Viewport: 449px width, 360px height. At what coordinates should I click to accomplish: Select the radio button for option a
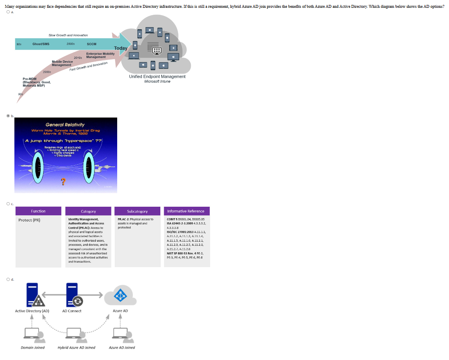tap(8, 12)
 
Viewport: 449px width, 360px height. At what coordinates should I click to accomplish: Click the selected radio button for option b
tap(8, 116)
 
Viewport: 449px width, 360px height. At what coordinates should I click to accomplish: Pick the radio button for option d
tap(8, 279)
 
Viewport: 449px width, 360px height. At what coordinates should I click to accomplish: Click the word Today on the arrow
tap(120, 48)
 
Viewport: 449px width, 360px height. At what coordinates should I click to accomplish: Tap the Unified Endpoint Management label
tap(157, 76)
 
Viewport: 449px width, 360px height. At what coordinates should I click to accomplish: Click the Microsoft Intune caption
tap(157, 81)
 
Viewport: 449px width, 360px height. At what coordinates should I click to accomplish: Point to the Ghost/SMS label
tap(41, 44)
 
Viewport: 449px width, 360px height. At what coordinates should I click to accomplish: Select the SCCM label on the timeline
tap(91, 44)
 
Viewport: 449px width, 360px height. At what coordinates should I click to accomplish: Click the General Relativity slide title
tap(65, 125)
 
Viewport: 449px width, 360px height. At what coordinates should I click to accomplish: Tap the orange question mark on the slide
tap(62, 181)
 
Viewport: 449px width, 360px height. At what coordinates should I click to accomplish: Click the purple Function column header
tap(38, 211)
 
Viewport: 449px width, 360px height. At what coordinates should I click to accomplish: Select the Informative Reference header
tap(186, 211)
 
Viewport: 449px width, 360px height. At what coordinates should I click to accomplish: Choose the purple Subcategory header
tap(137, 211)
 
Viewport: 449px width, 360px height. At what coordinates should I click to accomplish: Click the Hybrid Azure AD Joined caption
tap(76, 348)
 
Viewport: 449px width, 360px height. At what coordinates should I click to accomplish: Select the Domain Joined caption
tap(32, 348)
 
